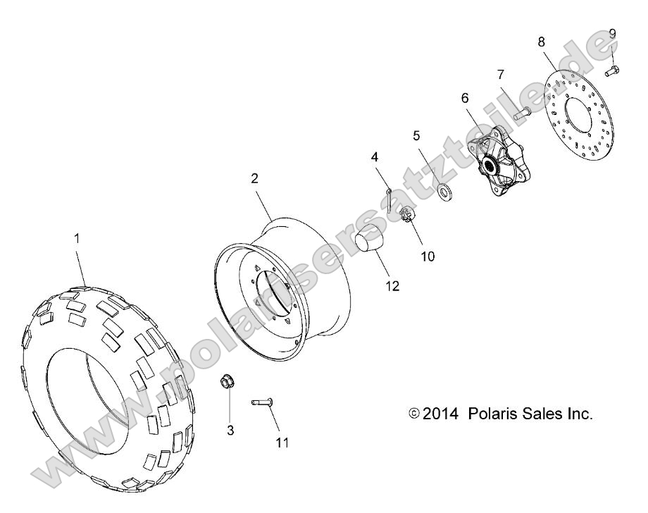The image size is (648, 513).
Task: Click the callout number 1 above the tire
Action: point(77,239)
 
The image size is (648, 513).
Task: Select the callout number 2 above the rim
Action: point(254,178)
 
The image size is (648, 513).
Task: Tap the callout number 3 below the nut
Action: point(230,429)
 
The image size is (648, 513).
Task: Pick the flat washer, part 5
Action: point(444,190)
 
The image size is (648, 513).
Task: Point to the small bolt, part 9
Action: point(612,70)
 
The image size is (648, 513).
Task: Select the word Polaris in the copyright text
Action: point(491,414)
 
